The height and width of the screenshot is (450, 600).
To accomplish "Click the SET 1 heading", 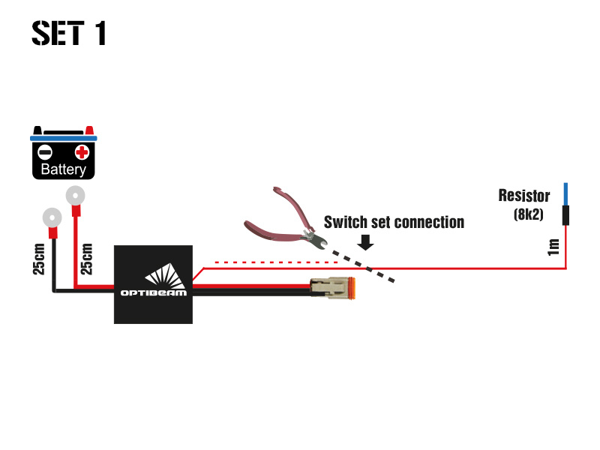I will pyautogui.click(x=69, y=33).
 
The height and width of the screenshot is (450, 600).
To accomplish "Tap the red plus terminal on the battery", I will pyautogui.click(x=82, y=153).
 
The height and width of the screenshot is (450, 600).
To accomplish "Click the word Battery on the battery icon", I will pyautogui.click(x=63, y=169).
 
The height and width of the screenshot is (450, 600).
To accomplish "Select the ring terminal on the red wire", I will pyautogui.click(x=75, y=197).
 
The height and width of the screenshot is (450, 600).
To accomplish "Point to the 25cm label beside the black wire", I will pyautogui.click(x=40, y=258).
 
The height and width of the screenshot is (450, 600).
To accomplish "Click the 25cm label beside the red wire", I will pyautogui.click(x=87, y=258).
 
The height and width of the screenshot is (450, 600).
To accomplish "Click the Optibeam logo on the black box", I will pyautogui.click(x=154, y=284).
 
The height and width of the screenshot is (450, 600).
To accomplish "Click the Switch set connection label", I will pyautogui.click(x=394, y=222).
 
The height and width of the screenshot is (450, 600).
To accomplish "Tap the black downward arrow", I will pyautogui.click(x=366, y=242).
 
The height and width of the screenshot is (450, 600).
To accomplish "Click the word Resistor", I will pyautogui.click(x=523, y=196).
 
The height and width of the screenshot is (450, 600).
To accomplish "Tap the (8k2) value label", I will pyautogui.click(x=528, y=214).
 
